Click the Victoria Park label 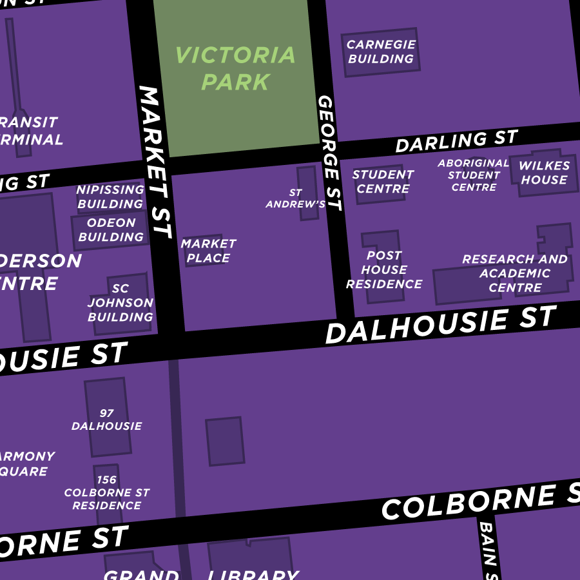click(235, 68)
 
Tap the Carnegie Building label click(381, 52)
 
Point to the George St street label click(329, 153)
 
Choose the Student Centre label click(383, 182)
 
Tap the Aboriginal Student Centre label click(474, 175)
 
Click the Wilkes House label click(545, 173)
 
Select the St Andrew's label click(296, 198)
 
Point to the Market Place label click(208, 251)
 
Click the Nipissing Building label click(110, 197)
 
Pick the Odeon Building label click(111, 230)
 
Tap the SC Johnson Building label click(121, 303)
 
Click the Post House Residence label click(384, 270)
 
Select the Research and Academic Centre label click(515, 273)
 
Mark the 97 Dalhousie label click(106, 420)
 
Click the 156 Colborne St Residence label click(106, 492)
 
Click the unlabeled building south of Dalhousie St click(224, 441)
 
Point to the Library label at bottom click(253, 574)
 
